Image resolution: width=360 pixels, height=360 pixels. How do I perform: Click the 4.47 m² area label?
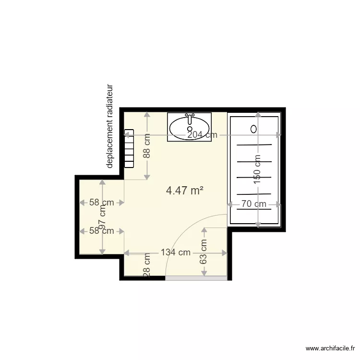click(x=184, y=191)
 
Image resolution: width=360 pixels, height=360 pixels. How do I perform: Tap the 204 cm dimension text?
click(x=202, y=135)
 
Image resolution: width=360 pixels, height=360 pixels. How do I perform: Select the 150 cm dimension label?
click(x=258, y=169)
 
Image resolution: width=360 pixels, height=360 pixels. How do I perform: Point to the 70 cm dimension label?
click(x=253, y=204)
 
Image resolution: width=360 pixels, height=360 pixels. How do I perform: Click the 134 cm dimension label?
click(x=175, y=252)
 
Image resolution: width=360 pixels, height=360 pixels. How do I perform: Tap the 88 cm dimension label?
click(x=147, y=146)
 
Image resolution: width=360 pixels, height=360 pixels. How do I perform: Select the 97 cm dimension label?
click(x=102, y=216)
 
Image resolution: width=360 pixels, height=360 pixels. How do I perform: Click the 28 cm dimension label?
click(x=147, y=265)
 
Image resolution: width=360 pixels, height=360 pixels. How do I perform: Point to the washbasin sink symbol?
click(x=189, y=128)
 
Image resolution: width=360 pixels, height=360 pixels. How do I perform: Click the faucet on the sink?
click(x=190, y=116)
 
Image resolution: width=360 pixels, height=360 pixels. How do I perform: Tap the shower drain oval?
click(x=254, y=129)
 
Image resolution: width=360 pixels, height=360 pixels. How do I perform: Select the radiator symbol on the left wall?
click(x=129, y=148)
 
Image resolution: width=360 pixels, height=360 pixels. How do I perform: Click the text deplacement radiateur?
click(x=110, y=127)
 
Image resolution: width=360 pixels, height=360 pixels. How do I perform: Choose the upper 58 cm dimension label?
click(x=102, y=203)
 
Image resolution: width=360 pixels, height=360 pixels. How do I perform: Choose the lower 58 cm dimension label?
click(x=102, y=231)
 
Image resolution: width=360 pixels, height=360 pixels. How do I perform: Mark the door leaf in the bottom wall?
click(x=196, y=278)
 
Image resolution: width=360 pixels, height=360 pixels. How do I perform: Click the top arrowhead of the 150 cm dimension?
click(x=258, y=114)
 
